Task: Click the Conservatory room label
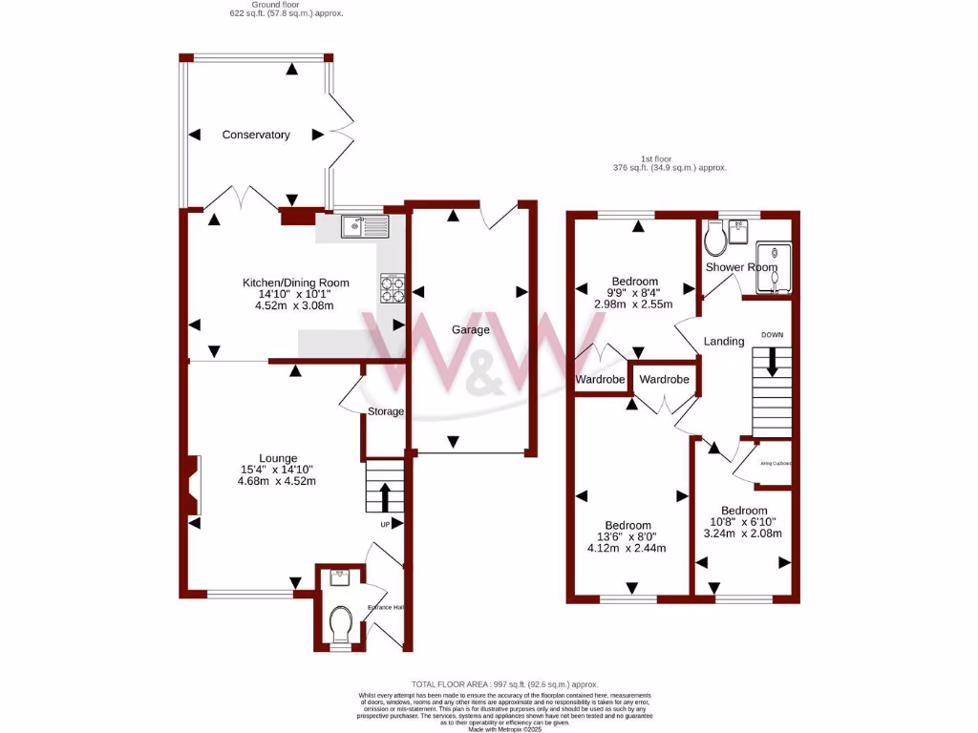pyautogui.click(x=255, y=135)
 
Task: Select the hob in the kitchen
pyautogui.click(x=393, y=287)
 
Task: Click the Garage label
pyautogui.click(x=471, y=330)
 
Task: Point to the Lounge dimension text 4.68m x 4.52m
pyautogui.click(x=276, y=481)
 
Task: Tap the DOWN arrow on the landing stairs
pyautogui.click(x=772, y=360)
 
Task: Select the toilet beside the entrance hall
pyautogui.click(x=339, y=625)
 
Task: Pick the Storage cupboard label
pyautogui.click(x=387, y=411)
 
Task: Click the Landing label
pyautogui.click(x=723, y=341)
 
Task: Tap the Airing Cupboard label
pyautogui.click(x=775, y=464)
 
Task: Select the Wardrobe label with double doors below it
pyautogui.click(x=664, y=379)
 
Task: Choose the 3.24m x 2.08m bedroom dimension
pyautogui.click(x=743, y=534)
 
